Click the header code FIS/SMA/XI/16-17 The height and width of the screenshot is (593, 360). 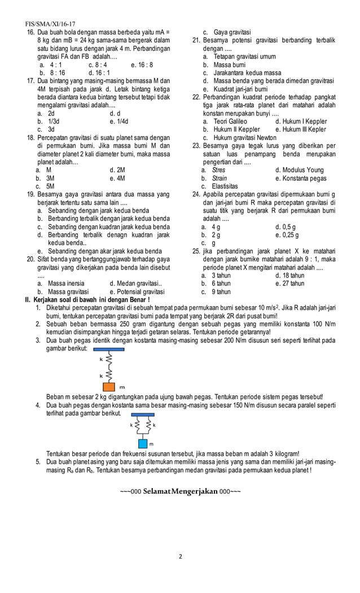[x=50, y=25]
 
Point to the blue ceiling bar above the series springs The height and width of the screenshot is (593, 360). [x=106, y=350]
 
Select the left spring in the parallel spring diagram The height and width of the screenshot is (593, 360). [x=136, y=425]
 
